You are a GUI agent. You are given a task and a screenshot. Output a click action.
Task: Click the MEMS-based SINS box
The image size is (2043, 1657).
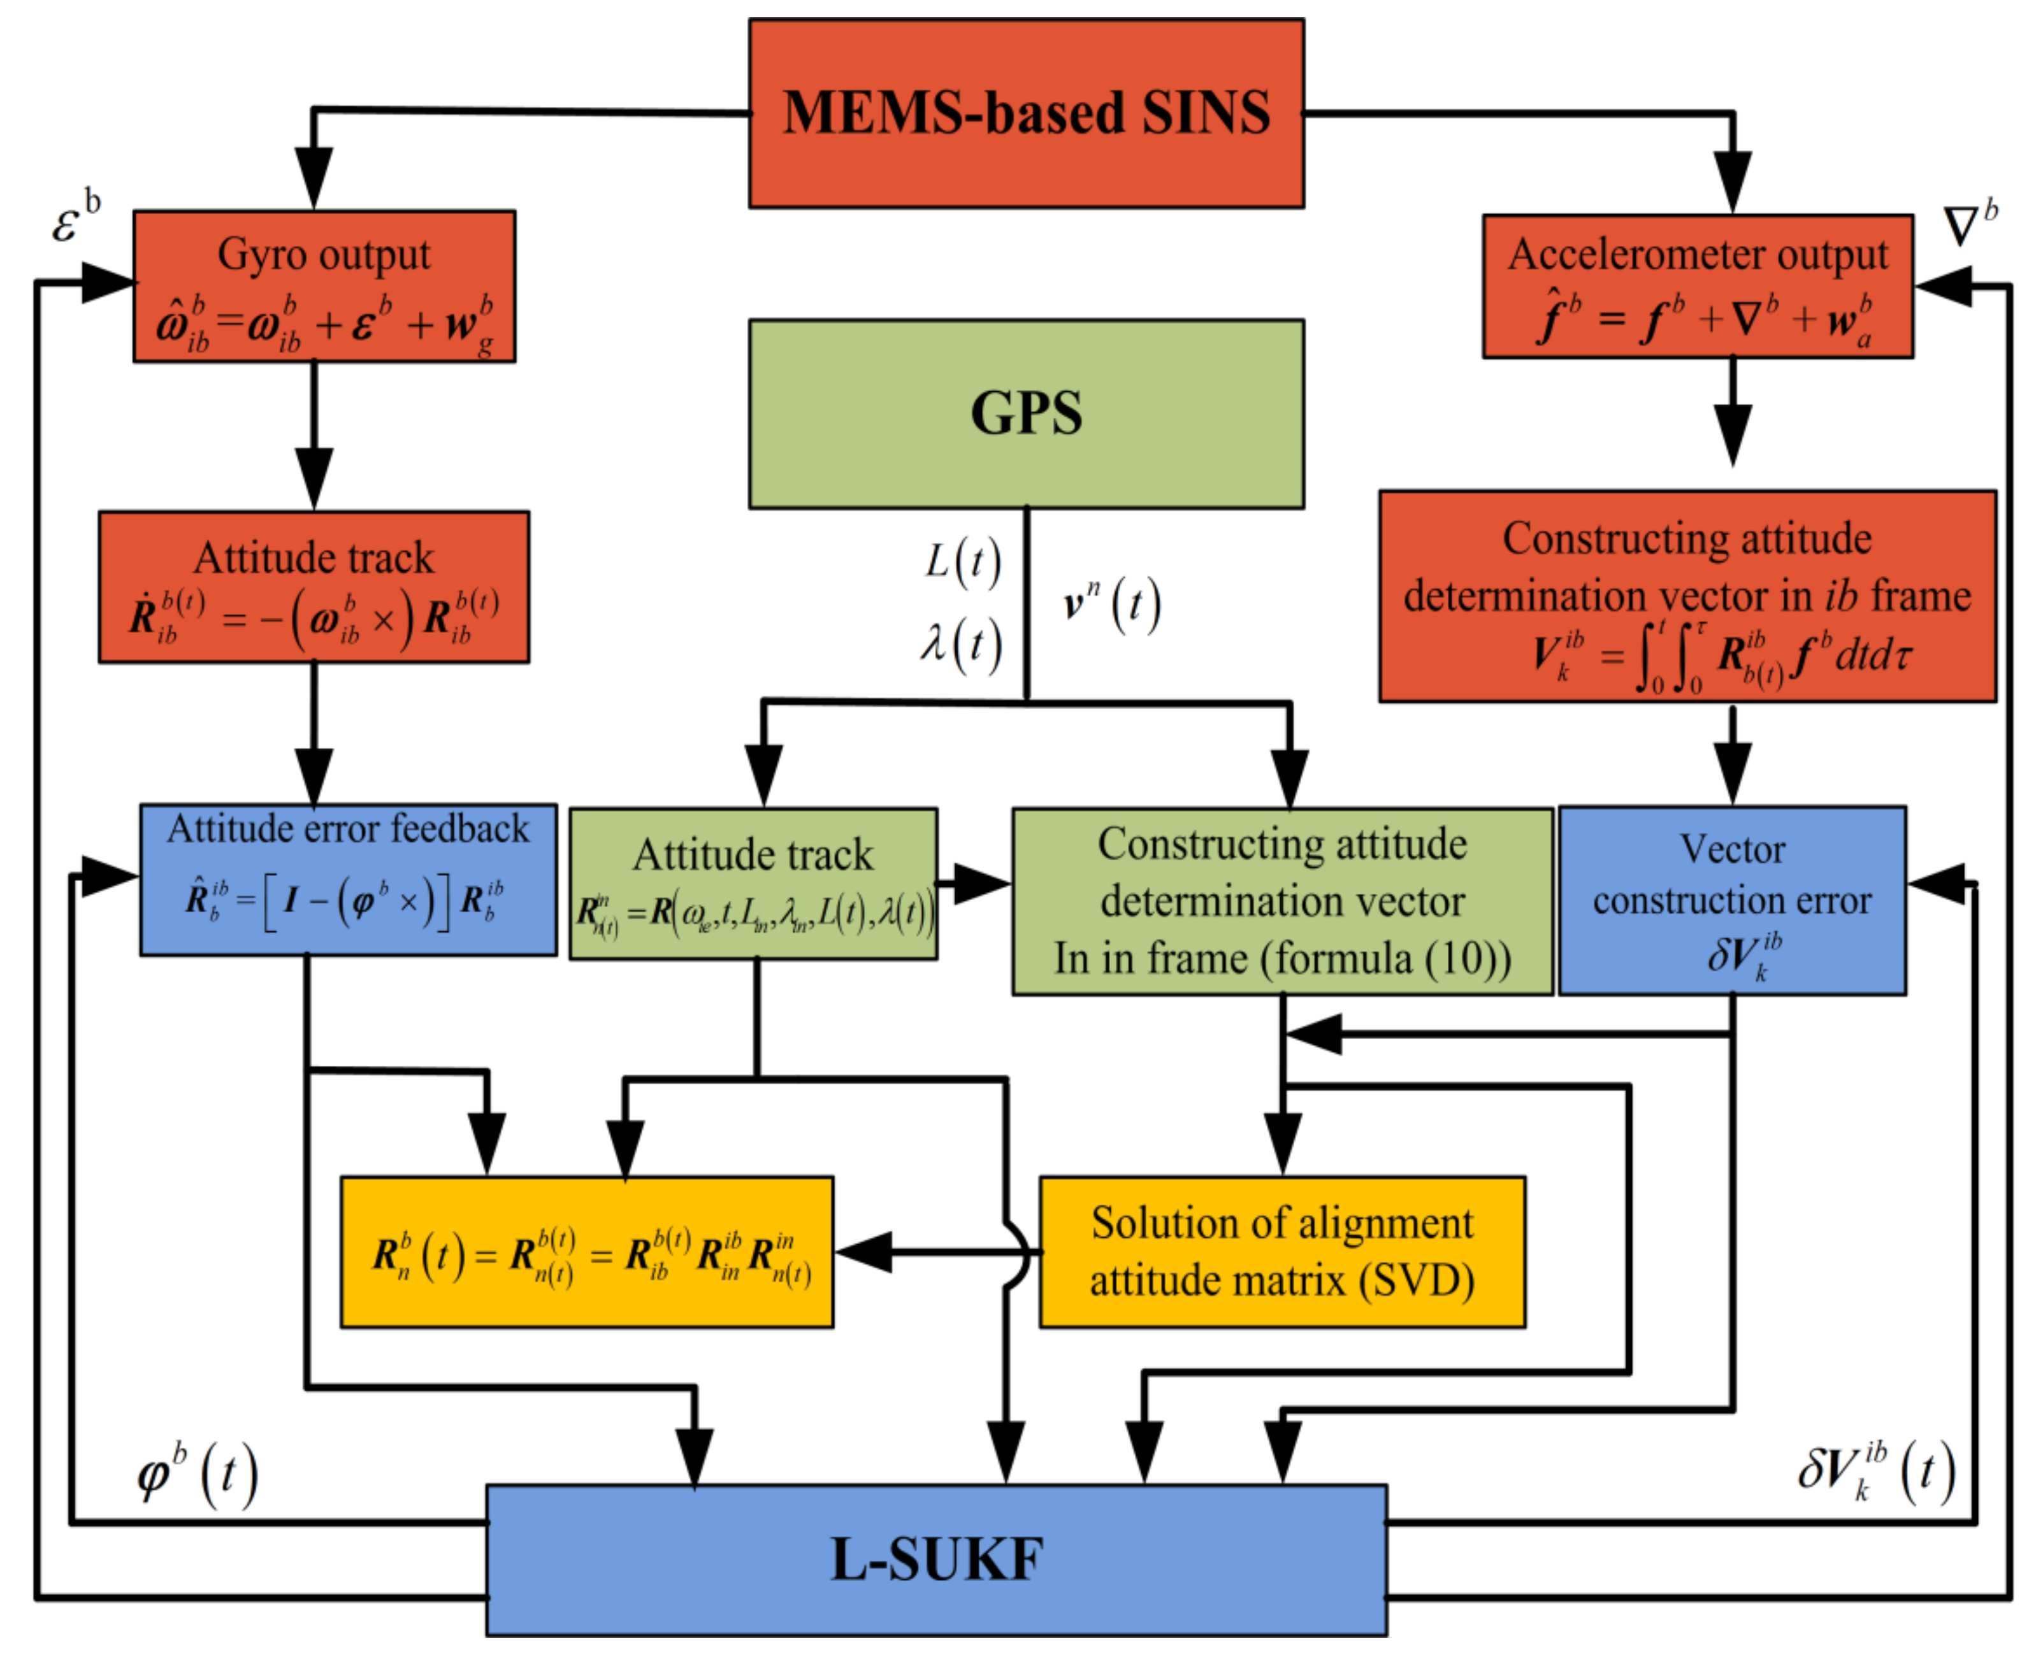(1026, 113)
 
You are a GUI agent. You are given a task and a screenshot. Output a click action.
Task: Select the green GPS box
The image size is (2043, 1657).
(1026, 413)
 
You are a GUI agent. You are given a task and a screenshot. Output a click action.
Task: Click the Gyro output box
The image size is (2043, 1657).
(324, 286)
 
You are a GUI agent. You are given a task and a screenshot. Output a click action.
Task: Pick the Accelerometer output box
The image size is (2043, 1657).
(1698, 286)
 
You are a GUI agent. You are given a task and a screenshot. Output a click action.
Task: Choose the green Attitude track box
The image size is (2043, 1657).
(753, 884)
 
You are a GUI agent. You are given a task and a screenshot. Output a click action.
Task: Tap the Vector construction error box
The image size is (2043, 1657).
(1732, 900)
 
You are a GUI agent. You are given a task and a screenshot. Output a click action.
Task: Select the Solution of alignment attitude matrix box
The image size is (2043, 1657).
(1281, 1251)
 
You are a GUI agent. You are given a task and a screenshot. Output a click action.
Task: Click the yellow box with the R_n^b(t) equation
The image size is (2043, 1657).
(586, 1251)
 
